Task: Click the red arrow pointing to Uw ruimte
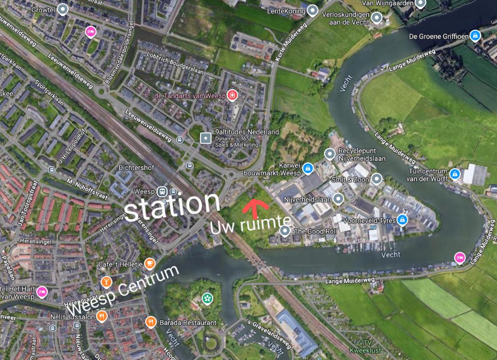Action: (x=255, y=208)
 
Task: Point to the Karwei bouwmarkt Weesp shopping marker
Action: (x=307, y=168)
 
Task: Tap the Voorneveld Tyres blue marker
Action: (x=402, y=220)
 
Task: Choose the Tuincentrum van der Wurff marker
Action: (x=454, y=173)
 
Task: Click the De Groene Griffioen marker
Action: (x=476, y=35)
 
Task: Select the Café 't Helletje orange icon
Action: (x=150, y=263)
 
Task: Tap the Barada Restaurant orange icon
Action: (x=151, y=322)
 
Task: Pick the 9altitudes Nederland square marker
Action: (x=206, y=138)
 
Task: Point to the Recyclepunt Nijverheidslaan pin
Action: (x=330, y=154)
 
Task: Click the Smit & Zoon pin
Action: (x=377, y=179)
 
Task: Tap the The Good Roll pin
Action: (x=285, y=231)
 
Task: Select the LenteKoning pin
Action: (x=313, y=10)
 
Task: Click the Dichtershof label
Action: (x=136, y=167)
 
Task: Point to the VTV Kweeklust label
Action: (x=365, y=346)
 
